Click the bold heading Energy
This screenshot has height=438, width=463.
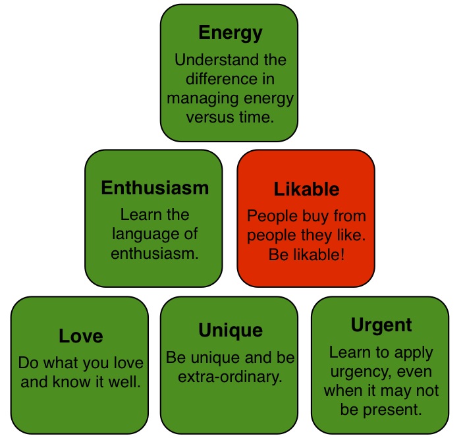[230, 33]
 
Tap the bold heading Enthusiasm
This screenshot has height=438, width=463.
[155, 188]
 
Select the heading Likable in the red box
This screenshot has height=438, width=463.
[306, 190]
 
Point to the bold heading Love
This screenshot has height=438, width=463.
[80, 336]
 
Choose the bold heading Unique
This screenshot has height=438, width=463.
[230, 330]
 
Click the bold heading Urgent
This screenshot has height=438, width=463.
[381, 325]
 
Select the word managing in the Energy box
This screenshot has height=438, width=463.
[199, 99]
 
